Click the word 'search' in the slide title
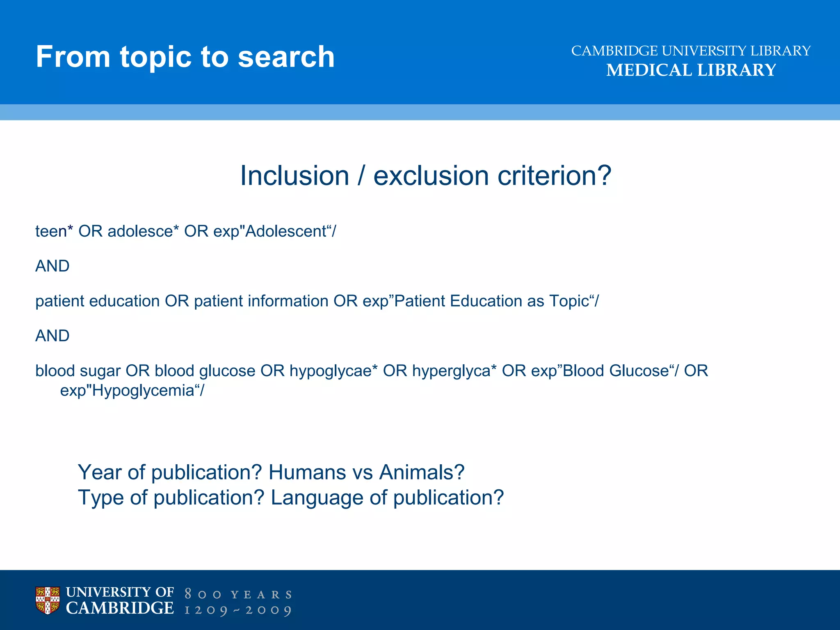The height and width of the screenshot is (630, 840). point(286,57)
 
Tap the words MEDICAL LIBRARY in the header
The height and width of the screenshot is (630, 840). point(691,70)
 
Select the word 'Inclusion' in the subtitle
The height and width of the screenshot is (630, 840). point(294,176)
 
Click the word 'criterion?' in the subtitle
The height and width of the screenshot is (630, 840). point(554,176)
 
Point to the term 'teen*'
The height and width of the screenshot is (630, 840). point(54,231)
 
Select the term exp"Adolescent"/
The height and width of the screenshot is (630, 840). point(274,231)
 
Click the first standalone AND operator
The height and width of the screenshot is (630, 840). point(52,266)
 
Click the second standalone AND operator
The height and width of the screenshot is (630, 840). point(52,336)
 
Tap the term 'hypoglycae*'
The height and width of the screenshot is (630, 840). point(333,371)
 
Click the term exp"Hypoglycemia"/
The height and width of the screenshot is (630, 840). point(132,390)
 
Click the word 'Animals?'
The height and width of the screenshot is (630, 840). point(422,472)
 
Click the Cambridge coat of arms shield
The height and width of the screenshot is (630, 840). point(48,600)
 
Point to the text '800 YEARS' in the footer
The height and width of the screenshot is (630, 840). point(238,594)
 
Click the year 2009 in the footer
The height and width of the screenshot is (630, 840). point(268,610)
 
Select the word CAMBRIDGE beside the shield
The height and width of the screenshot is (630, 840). point(120,608)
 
